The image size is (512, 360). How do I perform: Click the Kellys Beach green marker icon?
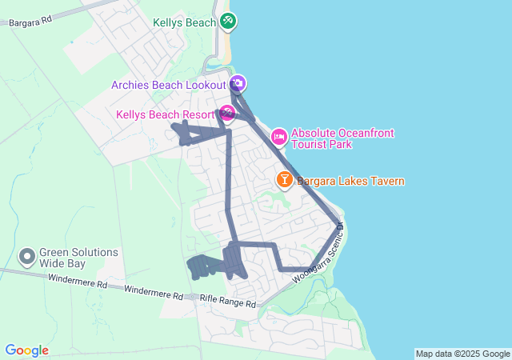pyautogui.click(x=228, y=22)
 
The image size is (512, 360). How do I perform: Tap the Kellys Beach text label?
pyautogui.click(x=185, y=22)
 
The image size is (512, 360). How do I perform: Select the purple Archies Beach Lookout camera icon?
pyautogui.click(x=238, y=83)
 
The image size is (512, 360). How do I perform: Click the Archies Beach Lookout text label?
pyautogui.click(x=169, y=84)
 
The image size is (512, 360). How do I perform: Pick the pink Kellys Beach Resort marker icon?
pyautogui.click(x=227, y=114)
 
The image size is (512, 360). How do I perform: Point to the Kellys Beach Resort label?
pyautogui.click(x=166, y=114)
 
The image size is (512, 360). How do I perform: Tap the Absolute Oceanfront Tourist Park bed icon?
pyautogui.click(x=279, y=137)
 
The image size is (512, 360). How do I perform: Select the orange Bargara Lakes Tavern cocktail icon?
pyautogui.click(x=284, y=180)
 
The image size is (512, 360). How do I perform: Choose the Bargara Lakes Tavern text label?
pyautogui.click(x=350, y=182)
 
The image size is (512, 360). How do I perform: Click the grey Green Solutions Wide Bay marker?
pyautogui.click(x=27, y=257)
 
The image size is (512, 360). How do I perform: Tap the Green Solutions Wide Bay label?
pyautogui.click(x=78, y=258)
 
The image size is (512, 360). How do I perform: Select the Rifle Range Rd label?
pyautogui.click(x=227, y=302)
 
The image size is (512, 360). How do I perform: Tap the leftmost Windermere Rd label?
pyautogui.click(x=77, y=282)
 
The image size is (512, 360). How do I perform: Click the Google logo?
pyautogui.click(x=26, y=350)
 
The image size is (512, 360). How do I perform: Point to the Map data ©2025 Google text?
pyautogui.click(x=462, y=354)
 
